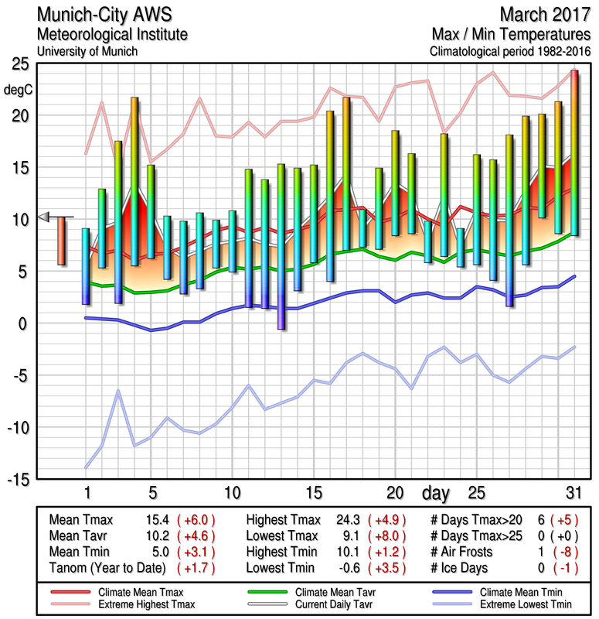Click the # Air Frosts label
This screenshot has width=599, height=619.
click(468, 551)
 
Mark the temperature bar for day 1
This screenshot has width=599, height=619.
click(86, 266)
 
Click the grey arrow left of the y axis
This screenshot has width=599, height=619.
click(45, 217)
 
